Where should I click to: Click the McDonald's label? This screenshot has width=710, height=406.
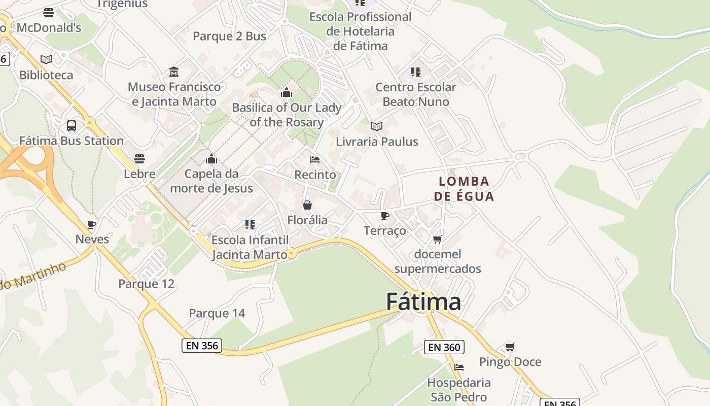(49, 27)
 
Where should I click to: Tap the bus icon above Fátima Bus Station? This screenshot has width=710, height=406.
(72, 125)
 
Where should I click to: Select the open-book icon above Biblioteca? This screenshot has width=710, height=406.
(46, 59)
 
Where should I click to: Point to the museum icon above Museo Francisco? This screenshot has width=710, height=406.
(174, 72)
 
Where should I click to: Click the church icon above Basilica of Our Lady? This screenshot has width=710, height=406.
(287, 92)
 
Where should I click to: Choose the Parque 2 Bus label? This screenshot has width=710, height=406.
(229, 36)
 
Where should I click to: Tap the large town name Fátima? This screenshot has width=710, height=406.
(423, 301)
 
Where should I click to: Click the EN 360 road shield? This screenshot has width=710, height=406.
(444, 347)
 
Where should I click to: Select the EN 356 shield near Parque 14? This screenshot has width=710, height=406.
(202, 346)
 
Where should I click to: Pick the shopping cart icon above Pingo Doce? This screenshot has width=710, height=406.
(510, 347)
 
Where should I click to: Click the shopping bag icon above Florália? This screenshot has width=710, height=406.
(307, 205)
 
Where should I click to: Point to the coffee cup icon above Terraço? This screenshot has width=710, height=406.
(385, 216)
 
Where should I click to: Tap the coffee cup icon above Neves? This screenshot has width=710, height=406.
(92, 224)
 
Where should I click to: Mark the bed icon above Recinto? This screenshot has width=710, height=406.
(315, 159)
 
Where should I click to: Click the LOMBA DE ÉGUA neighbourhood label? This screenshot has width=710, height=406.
(464, 188)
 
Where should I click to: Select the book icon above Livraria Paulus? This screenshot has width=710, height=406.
(377, 126)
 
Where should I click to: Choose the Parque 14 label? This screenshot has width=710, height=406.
(217, 313)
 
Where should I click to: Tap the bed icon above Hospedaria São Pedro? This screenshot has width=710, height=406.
(459, 367)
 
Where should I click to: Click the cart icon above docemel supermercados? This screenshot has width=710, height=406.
(438, 239)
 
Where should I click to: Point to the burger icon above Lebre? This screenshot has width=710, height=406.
(139, 159)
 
